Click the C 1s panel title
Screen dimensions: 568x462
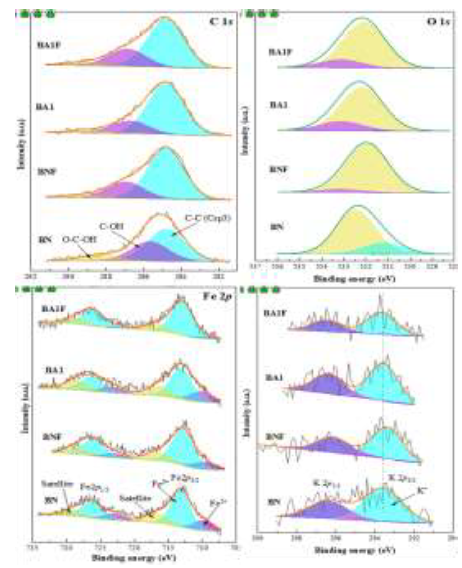pos(221,21)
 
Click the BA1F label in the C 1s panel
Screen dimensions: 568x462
pos(49,45)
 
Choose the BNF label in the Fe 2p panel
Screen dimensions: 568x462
pos(52,437)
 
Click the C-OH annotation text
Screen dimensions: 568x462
pos(112,227)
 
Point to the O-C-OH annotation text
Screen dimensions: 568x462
pos(79,240)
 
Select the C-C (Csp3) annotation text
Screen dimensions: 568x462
pos(208,218)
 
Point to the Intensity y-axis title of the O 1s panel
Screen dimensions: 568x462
pos(245,131)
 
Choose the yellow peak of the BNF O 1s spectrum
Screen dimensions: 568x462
pos(367,170)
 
